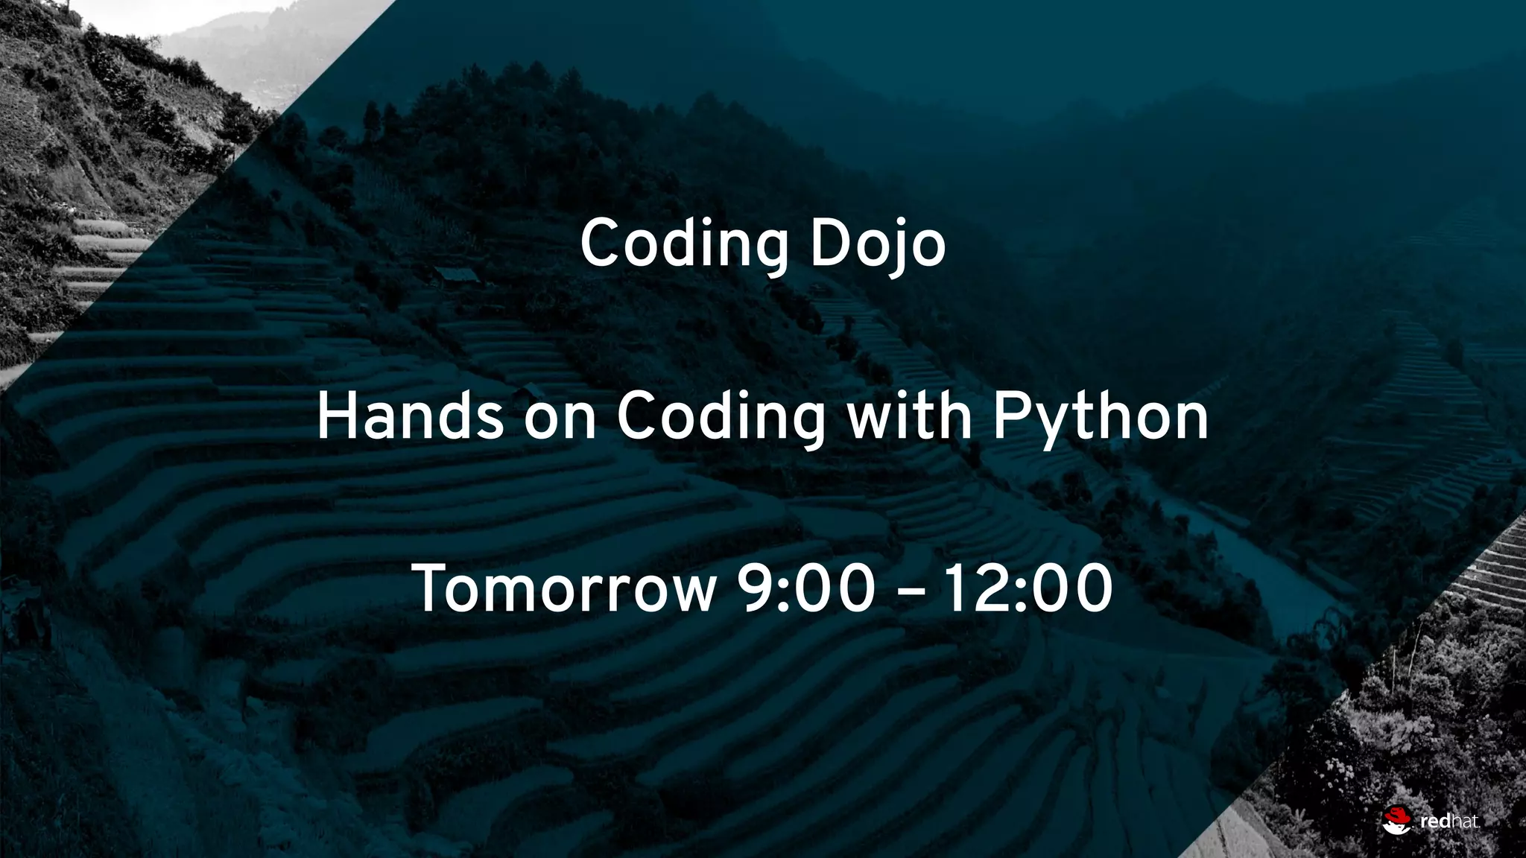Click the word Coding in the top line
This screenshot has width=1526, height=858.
[x=683, y=244]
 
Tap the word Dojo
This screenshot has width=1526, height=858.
[x=877, y=244]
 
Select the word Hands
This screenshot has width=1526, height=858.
[x=410, y=417]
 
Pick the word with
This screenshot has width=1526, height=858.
[x=909, y=417]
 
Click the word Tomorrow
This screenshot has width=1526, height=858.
[x=564, y=589]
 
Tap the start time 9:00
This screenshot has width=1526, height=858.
[x=805, y=589]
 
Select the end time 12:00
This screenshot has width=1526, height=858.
[x=1028, y=589]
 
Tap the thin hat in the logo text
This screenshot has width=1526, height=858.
[x=1462, y=822]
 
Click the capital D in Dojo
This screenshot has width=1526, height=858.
[x=831, y=243]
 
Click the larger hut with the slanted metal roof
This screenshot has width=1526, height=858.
[x=456, y=275]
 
